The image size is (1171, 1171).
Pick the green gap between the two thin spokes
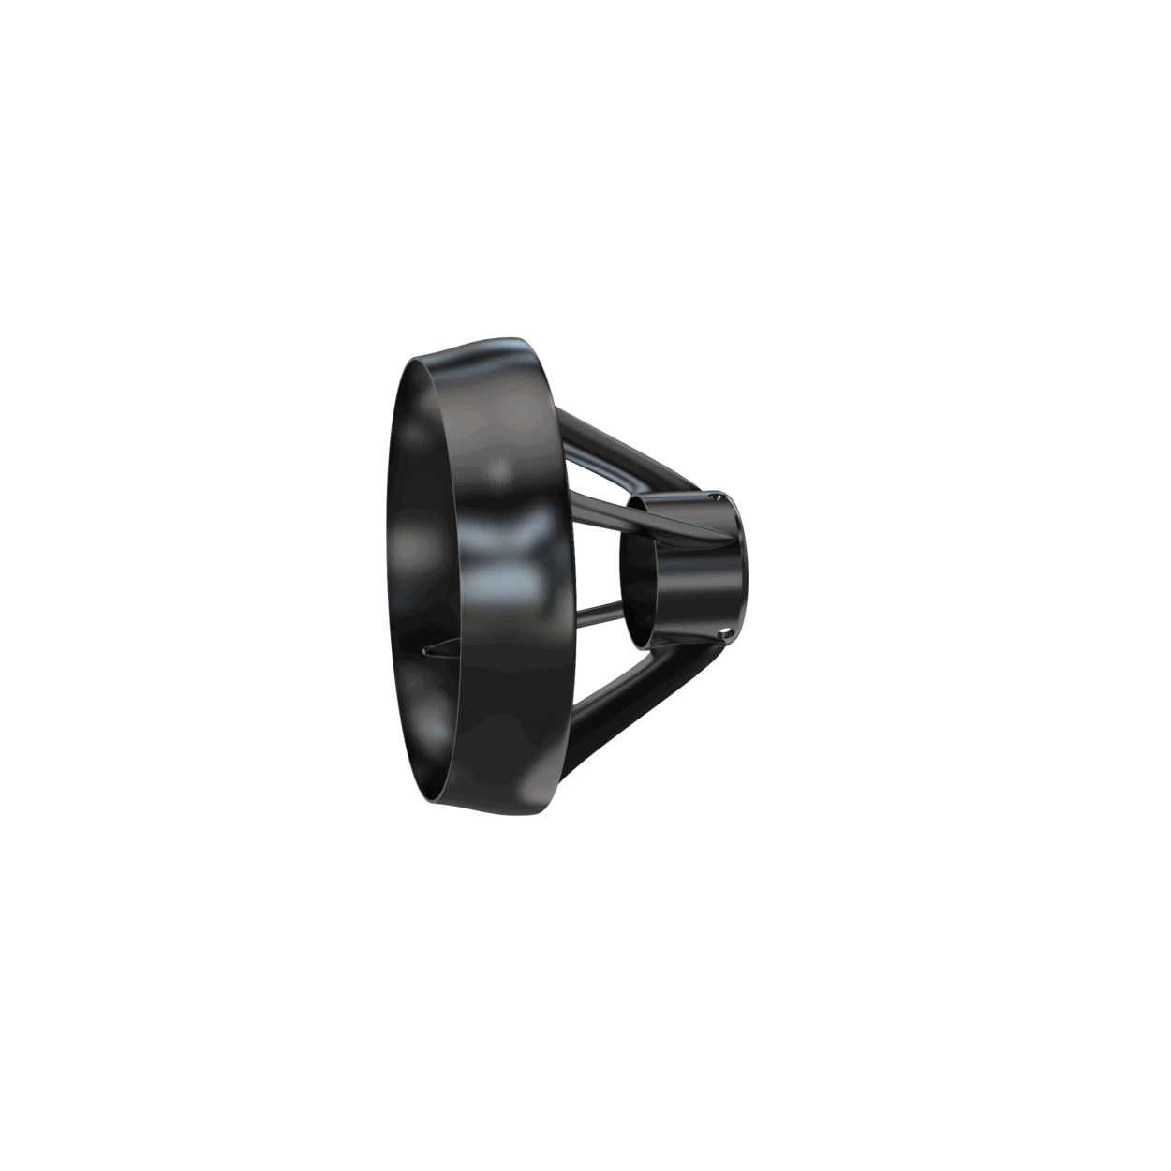(x=595, y=562)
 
